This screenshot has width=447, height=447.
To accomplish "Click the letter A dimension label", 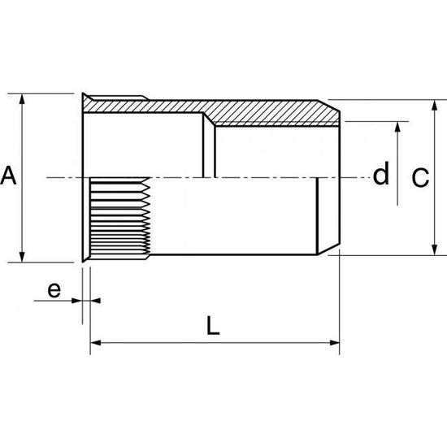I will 9,176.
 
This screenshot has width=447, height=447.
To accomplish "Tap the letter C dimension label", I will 419,178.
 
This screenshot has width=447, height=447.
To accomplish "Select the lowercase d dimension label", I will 380,174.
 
